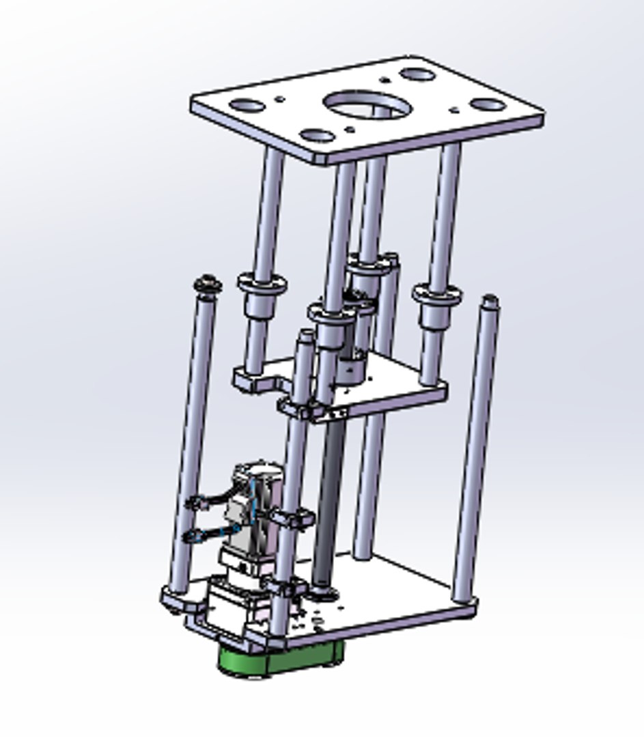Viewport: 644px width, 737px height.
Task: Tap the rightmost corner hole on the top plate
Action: click(x=488, y=105)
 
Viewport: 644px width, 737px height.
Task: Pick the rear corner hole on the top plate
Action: click(x=417, y=74)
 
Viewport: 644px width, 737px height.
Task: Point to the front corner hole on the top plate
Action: click(x=317, y=135)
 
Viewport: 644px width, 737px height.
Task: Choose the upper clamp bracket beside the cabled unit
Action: click(x=294, y=519)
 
